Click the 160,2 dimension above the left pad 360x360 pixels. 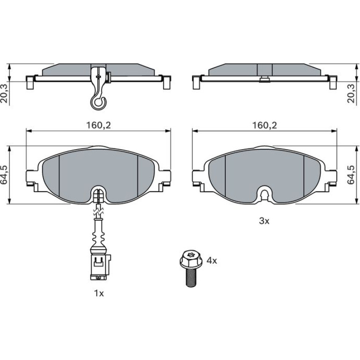[99, 125]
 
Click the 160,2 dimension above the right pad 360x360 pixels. [265, 125]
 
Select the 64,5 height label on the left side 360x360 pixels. [5, 175]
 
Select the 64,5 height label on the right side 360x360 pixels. [351, 175]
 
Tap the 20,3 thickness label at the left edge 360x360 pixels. [5, 94]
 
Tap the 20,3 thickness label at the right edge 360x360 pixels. [351, 94]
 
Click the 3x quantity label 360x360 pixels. [264, 221]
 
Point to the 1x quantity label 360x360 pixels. [99, 293]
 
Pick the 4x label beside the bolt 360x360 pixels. [212, 260]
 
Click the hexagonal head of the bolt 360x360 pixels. [191, 259]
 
